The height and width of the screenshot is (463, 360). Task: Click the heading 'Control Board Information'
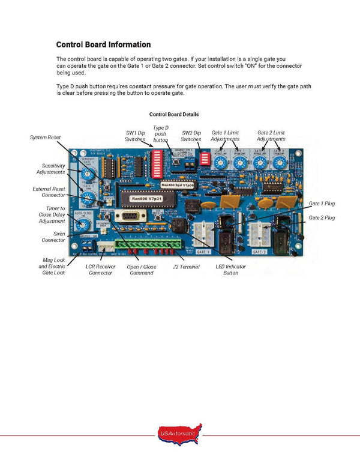[x=103, y=44]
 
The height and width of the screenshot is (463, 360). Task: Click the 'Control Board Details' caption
[x=174, y=114]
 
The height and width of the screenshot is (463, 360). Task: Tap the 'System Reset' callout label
[x=46, y=138]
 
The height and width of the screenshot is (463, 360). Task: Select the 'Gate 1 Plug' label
[x=322, y=204]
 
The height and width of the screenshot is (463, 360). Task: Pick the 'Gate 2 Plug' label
[x=322, y=217]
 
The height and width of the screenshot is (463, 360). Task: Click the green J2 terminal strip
[x=144, y=246]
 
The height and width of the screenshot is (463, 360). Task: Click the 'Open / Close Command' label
[x=142, y=270]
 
